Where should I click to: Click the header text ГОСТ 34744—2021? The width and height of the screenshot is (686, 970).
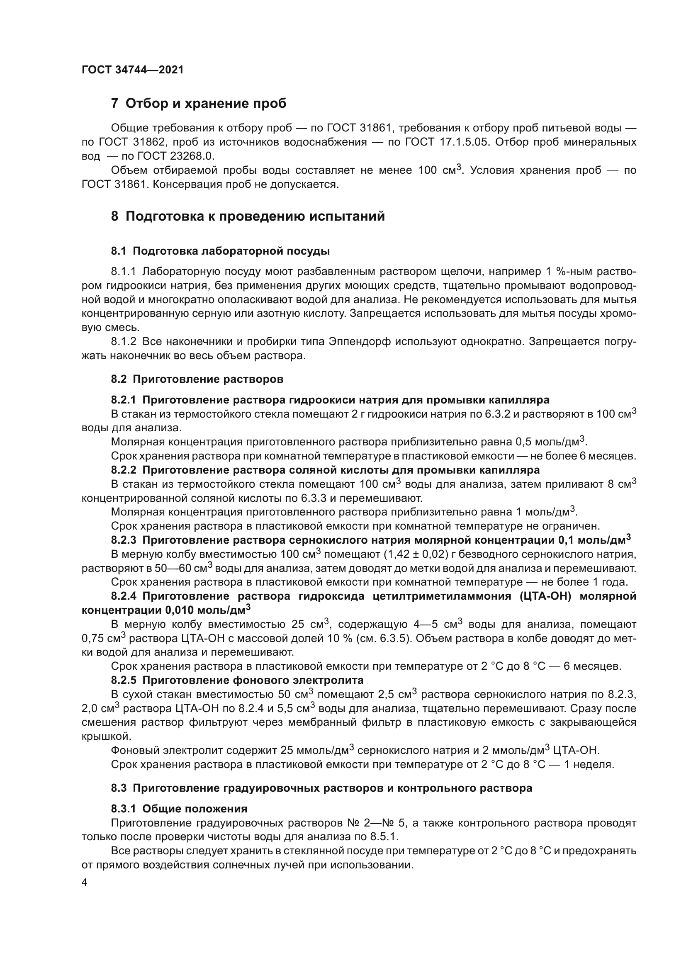[x=133, y=70]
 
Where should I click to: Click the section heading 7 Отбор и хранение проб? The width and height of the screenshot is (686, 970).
[x=199, y=104]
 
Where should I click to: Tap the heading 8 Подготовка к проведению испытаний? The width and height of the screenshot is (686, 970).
[x=248, y=216]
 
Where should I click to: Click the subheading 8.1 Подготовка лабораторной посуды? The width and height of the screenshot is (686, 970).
[x=220, y=251]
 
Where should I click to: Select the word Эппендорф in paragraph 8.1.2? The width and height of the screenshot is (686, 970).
[x=359, y=341]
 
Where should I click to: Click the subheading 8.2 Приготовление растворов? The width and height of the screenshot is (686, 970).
[x=197, y=379]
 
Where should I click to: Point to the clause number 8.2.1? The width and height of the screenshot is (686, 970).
[x=123, y=400]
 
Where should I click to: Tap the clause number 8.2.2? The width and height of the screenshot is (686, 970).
[x=123, y=470]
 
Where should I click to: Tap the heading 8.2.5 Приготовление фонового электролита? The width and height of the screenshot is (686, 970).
[x=237, y=680]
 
